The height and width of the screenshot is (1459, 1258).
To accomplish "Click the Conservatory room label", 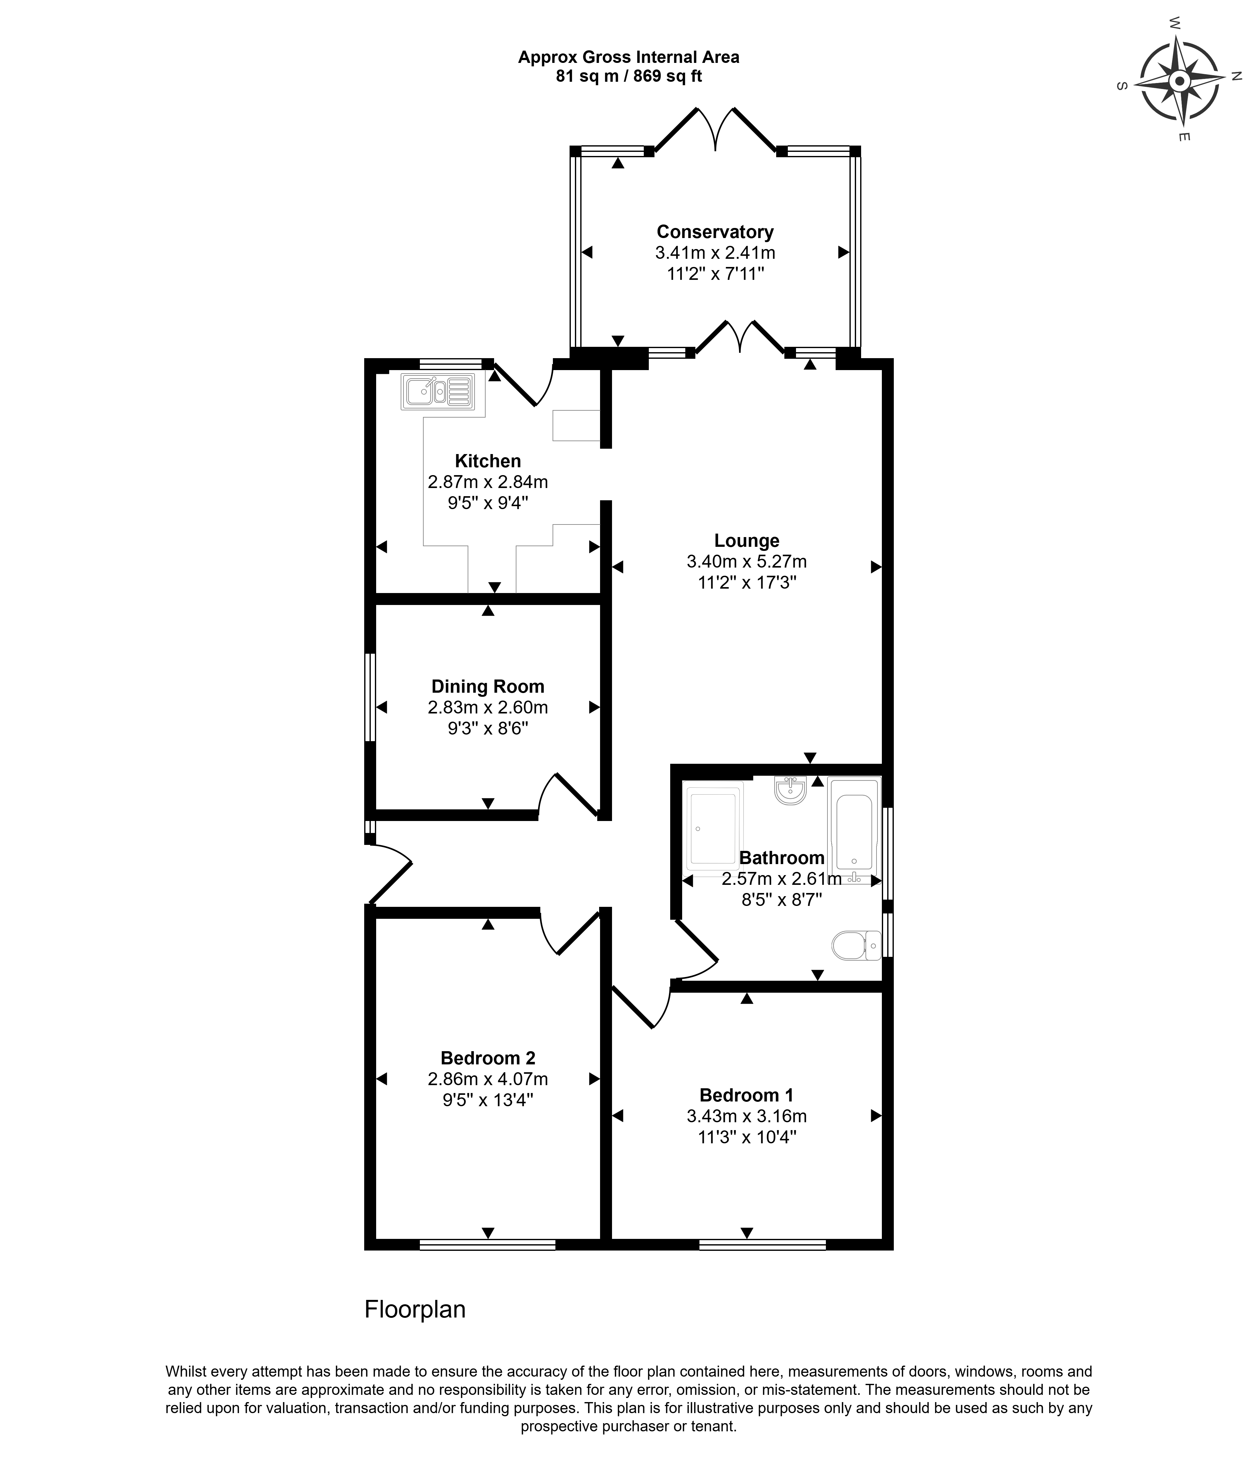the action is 715,232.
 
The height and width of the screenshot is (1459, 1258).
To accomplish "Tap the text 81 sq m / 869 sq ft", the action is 629,76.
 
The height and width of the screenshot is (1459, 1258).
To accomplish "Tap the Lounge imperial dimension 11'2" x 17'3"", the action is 747,582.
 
